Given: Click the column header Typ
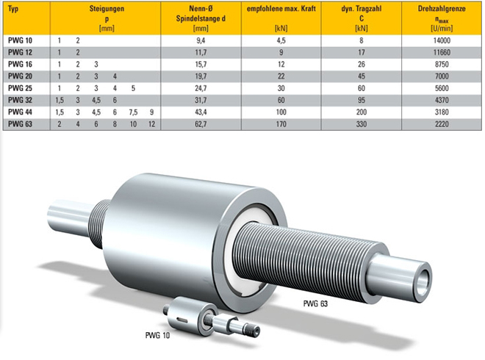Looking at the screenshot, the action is click(13, 9).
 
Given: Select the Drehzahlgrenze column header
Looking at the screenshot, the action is click(442, 9).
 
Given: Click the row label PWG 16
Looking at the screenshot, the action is click(20, 65).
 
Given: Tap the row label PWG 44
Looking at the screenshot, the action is click(20, 112).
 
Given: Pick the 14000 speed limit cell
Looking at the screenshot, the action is click(442, 40).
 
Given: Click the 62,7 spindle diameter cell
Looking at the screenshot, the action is click(201, 124).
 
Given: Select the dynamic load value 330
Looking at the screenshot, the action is click(362, 124).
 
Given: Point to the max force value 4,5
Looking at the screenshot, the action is click(281, 40).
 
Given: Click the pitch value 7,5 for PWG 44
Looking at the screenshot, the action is click(133, 112).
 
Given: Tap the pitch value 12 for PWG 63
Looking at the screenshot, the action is click(151, 124).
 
